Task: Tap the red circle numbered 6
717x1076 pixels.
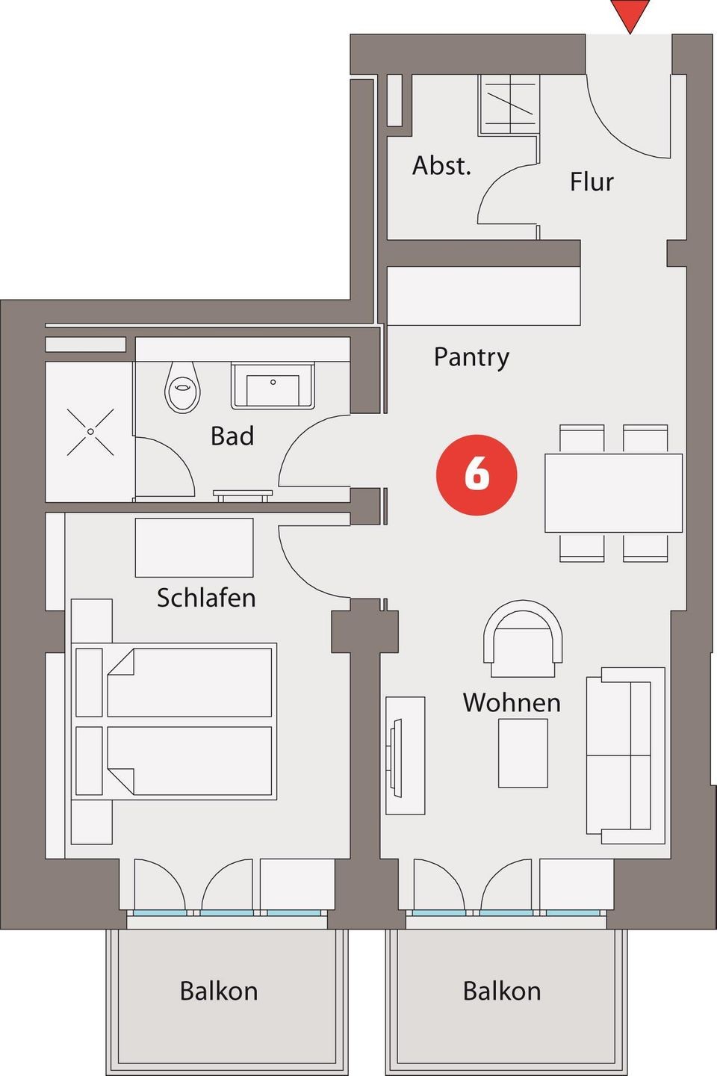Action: click(x=477, y=474)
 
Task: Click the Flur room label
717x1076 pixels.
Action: click(x=592, y=182)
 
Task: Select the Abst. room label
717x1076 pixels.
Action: click(x=441, y=166)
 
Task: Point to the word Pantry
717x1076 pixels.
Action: click(x=471, y=358)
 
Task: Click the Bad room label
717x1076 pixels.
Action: click(x=232, y=436)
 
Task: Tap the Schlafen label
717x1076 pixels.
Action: click(x=206, y=598)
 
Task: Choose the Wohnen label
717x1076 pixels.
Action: click(x=512, y=702)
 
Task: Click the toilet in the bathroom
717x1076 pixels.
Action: click(x=182, y=387)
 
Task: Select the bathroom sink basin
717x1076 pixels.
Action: click(x=273, y=386)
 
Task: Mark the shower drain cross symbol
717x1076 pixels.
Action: click(x=90, y=432)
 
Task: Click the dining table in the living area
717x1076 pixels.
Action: click(x=613, y=493)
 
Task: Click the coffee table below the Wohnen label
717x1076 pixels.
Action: click(x=523, y=753)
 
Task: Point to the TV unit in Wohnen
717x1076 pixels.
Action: click(x=406, y=755)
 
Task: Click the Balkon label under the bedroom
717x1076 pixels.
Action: click(x=219, y=991)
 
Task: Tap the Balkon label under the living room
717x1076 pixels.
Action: click(x=502, y=991)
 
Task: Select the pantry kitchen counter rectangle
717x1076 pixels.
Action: click(x=484, y=296)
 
